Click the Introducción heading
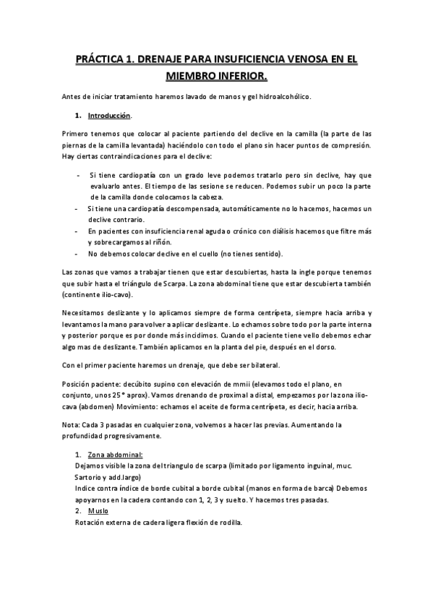(x=109, y=116)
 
